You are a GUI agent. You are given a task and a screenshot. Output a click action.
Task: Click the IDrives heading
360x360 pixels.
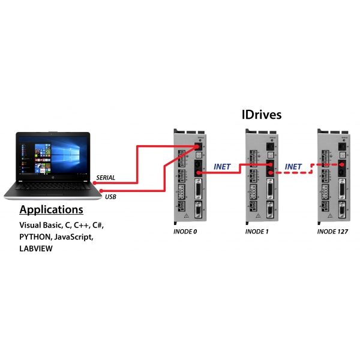[262, 115]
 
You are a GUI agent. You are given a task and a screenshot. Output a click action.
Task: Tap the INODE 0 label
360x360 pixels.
[185, 232]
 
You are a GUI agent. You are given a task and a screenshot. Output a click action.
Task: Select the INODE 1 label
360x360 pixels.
[257, 232]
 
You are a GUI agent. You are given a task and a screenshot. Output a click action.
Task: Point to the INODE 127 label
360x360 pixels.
[332, 232]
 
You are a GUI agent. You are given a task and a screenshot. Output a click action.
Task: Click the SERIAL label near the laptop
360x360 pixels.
[106, 178]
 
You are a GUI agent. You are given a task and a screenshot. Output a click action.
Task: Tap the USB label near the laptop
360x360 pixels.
[110, 197]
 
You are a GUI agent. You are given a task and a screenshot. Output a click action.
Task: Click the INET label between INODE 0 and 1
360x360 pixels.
[222, 167]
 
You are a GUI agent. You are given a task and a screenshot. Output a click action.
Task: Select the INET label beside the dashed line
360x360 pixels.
[293, 167]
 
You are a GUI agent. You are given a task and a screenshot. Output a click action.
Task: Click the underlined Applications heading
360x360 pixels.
[51, 210]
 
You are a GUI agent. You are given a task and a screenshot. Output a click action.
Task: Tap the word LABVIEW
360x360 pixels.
[36, 248]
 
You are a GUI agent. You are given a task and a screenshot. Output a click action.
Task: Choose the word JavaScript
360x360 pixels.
[74, 237]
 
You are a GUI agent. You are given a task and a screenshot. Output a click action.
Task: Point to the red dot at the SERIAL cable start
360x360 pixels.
[94, 183]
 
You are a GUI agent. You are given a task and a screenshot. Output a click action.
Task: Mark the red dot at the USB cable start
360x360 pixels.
[101, 191]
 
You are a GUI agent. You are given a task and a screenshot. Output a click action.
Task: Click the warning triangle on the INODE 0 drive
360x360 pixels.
[187, 215]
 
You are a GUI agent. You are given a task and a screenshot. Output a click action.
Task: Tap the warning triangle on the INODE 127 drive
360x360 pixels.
[330, 215]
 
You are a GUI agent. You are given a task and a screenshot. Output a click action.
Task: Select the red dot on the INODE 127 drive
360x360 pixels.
[342, 164]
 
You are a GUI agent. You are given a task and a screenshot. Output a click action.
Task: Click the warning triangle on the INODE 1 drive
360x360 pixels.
[258, 215]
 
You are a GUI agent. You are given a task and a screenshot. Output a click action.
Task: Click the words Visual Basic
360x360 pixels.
[41, 225]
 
